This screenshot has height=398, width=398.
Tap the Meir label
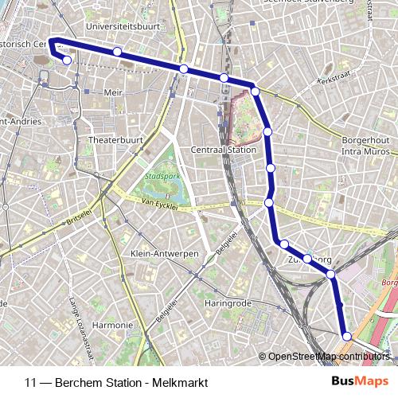coord(113,92)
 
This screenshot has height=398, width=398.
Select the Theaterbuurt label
coord(115,139)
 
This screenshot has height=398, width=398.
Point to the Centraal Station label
coord(224,150)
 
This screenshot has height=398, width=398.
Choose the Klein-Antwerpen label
coord(163,253)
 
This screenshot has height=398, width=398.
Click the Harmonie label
coord(112,325)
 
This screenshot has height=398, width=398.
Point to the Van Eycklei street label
coord(158,205)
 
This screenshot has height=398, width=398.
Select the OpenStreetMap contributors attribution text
coord(328,357)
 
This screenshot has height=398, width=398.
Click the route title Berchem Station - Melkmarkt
coord(116,383)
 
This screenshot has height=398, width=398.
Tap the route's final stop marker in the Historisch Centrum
coord(67,60)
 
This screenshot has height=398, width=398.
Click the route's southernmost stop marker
coord(346,336)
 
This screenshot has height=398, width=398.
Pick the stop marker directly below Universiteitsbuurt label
coord(117,52)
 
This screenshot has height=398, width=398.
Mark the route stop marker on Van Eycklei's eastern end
coord(269,203)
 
